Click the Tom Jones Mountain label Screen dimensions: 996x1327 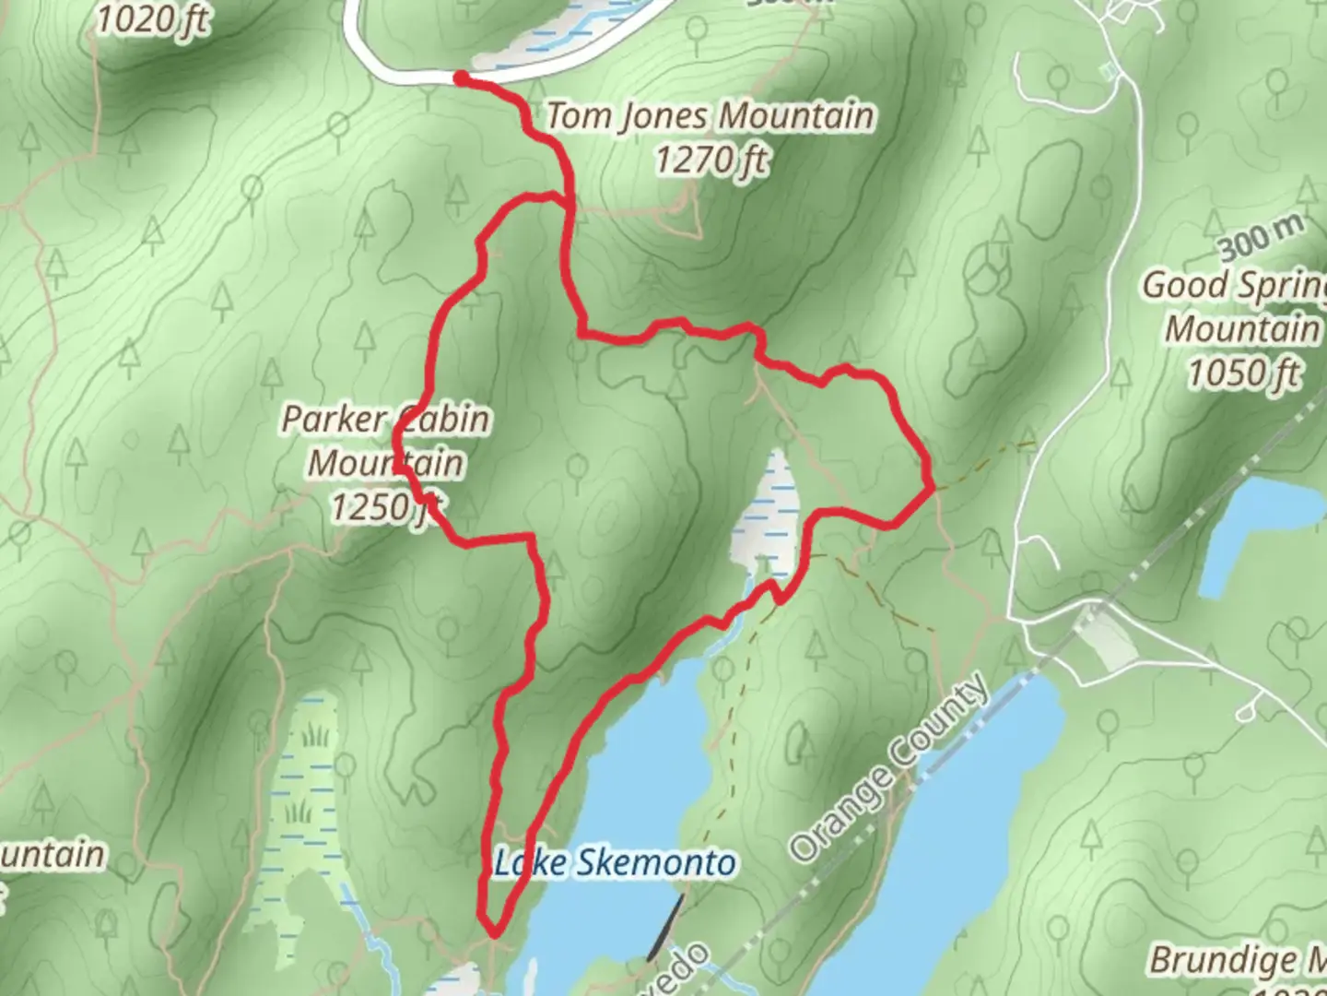click(x=710, y=117)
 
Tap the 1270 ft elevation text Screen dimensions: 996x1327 click(x=710, y=160)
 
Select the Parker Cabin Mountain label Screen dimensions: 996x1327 click(x=385, y=441)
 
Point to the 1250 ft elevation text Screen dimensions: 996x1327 click(x=385, y=506)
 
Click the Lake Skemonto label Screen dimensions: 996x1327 click(x=616, y=864)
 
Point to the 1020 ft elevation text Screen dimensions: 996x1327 click(x=152, y=18)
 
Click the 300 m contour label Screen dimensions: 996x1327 click(x=1260, y=238)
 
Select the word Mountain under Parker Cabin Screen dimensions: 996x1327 click(x=385, y=463)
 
